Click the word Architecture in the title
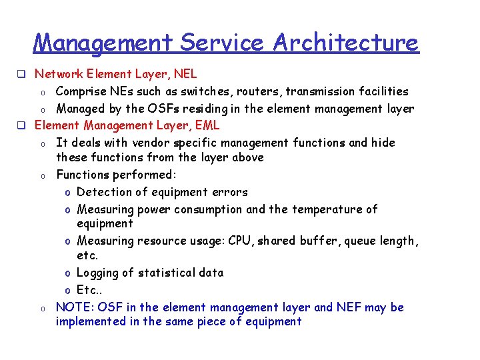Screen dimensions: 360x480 pos(345,43)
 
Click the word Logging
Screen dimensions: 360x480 pos(99,273)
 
